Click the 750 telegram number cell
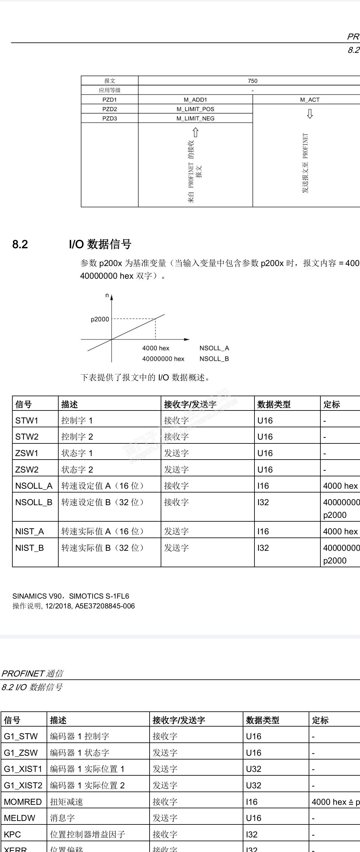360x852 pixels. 253,81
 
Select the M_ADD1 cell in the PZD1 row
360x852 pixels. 195,99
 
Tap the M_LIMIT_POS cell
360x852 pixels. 195,109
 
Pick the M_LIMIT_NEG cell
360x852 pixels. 195,118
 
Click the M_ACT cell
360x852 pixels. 310,99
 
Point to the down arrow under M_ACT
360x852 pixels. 310,114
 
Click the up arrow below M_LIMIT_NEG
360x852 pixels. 195,133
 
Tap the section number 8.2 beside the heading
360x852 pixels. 20,245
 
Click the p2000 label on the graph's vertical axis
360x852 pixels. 100,319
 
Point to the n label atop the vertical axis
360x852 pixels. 107,296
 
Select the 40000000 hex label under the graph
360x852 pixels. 163,359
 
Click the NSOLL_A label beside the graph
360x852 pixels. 214,348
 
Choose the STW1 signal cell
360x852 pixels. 27,420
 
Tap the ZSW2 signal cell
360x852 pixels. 27,470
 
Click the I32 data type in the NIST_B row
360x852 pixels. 263,548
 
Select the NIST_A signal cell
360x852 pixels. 29,531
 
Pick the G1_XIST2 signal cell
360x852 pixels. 23,785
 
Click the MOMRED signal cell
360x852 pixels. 23,802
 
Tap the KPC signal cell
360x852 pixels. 12,835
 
